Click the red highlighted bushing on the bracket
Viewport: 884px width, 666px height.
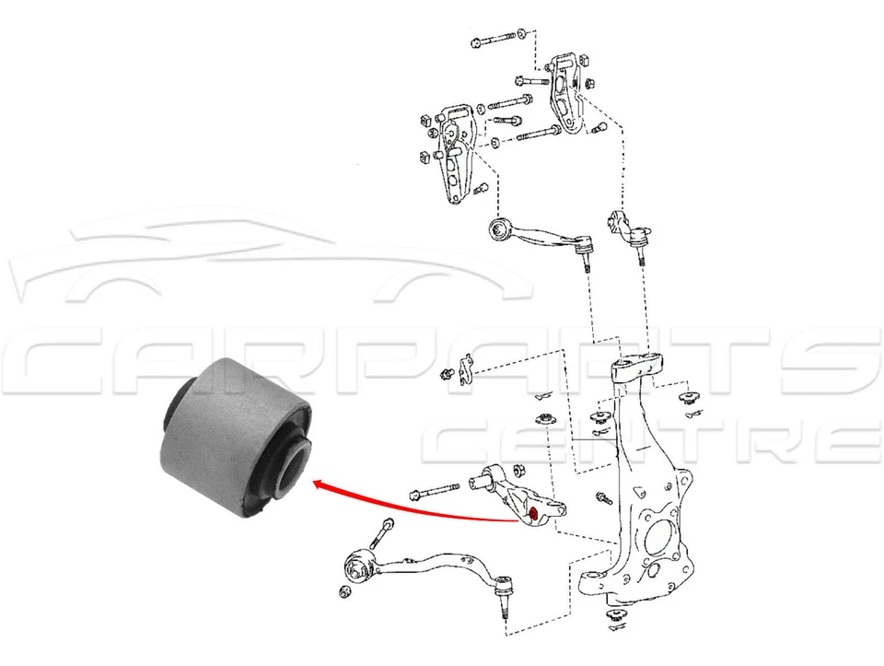[x=533, y=512]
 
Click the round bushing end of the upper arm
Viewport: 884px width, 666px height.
[x=500, y=228]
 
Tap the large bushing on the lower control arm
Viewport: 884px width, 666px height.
[x=359, y=565]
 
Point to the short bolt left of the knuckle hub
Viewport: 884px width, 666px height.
[x=603, y=497]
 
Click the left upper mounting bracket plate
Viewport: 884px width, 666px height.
[x=452, y=152]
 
